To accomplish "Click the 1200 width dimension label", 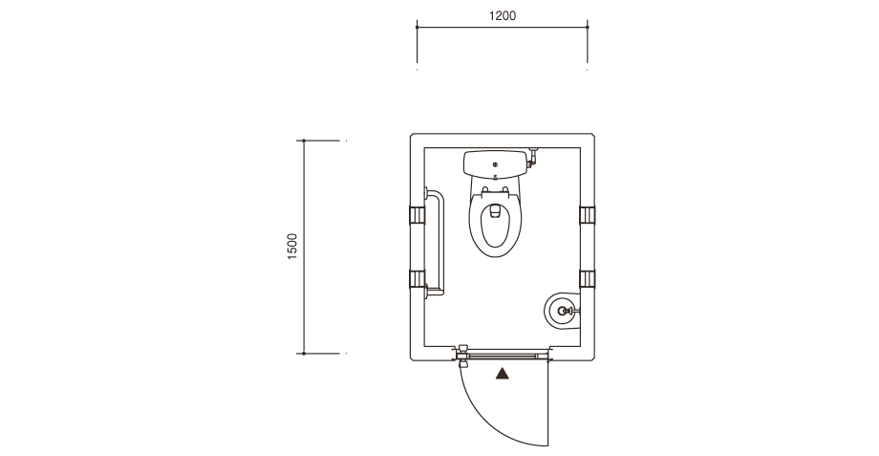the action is click(503, 15).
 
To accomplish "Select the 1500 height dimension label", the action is click(292, 247).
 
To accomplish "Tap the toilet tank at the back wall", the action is click(495, 163).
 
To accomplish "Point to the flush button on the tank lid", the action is click(495, 164).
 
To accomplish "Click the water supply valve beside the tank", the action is click(533, 156).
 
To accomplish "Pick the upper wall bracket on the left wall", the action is click(417, 215).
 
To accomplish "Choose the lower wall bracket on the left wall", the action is click(417, 279).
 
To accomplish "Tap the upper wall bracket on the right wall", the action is click(587, 215).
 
